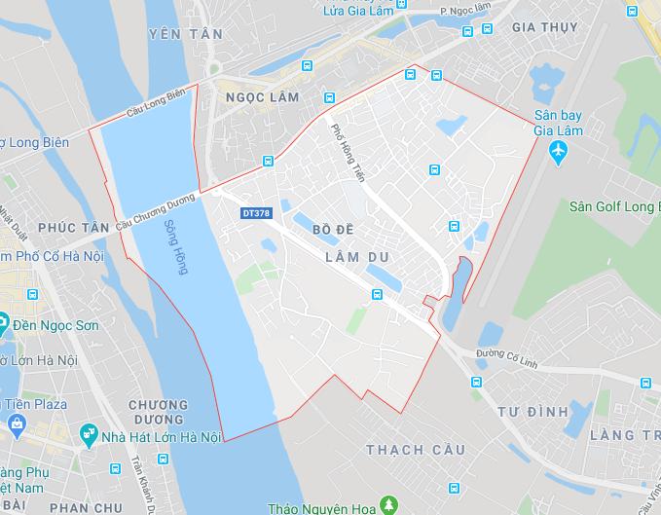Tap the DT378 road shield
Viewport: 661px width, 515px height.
pos(254,211)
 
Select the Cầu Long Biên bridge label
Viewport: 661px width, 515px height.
pos(156,111)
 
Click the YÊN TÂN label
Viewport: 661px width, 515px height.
pos(185,34)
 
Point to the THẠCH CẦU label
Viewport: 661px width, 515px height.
pos(410,450)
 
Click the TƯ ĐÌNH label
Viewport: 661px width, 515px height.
pos(532,412)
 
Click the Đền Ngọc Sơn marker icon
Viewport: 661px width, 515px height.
pos(4,321)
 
